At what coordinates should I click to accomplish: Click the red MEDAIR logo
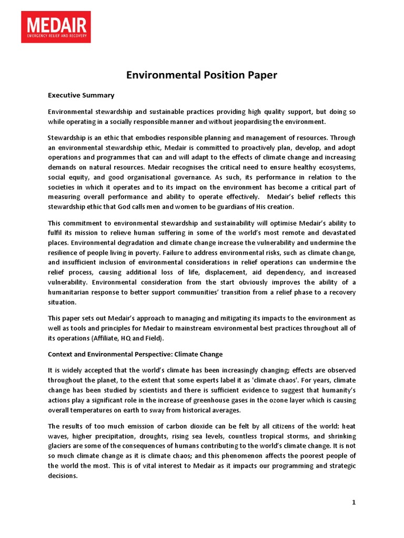pyautogui.click(x=56, y=27)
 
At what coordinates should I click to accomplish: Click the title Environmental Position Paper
pyautogui.click(x=201, y=75)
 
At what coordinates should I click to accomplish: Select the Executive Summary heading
pyautogui.click(x=81, y=96)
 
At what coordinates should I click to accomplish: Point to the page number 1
pyautogui.click(x=354, y=503)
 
